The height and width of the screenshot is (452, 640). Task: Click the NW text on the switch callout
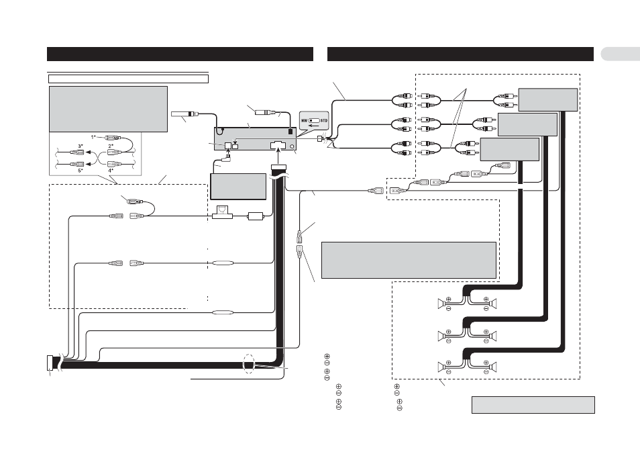pyautogui.click(x=305, y=121)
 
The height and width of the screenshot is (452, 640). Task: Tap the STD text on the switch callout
pyautogui.click(x=324, y=121)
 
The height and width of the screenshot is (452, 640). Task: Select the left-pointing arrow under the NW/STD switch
pyautogui.click(x=314, y=126)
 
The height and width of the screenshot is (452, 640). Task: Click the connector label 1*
pyautogui.click(x=93, y=137)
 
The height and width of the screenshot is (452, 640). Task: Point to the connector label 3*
pyautogui.click(x=81, y=146)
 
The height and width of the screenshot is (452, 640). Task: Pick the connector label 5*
pyautogui.click(x=81, y=171)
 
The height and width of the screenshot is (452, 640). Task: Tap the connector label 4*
pyautogui.click(x=111, y=171)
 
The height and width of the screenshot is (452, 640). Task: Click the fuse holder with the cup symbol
pyautogui.click(x=222, y=212)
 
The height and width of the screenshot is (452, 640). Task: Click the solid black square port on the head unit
pyautogui.click(x=290, y=132)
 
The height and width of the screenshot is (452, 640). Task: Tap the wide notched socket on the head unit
pyautogui.click(x=278, y=145)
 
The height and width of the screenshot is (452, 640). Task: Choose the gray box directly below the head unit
pyautogui.click(x=238, y=187)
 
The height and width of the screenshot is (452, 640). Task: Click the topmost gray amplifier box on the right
pyautogui.click(x=548, y=99)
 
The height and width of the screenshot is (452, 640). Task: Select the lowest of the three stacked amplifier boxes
pyautogui.click(x=510, y=150)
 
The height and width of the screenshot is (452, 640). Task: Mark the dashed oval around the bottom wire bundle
pyautogui.click(x=249, y=363)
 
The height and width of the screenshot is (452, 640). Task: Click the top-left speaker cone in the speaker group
pyautogui.click(x=441, y=304)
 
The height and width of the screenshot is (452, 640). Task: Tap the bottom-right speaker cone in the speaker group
pyautogui.click(x=494, y=367)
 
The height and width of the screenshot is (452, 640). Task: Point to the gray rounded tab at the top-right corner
pyautogui.click(x=621, y=54)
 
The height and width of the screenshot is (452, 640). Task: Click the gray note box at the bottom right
pyautogui.click(x=533, y=404)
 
